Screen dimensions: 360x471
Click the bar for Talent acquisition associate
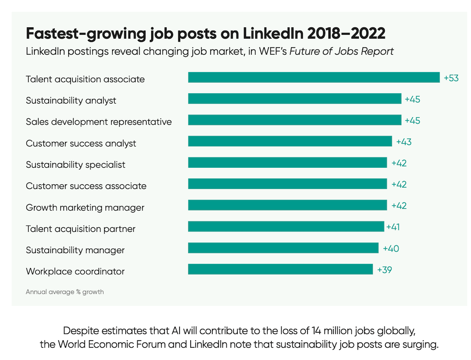(314, 78)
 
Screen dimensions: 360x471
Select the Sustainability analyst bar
(294, 99)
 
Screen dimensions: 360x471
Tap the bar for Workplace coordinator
(280, 270)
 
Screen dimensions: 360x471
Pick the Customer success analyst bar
(290, 141)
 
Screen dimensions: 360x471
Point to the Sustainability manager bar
(283, 248)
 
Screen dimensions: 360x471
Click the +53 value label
(451, 78)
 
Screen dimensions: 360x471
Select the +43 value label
(404, 142)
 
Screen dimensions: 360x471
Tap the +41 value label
(393, 227)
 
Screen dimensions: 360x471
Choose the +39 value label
(385, 270)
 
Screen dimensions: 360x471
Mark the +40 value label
(391, 248)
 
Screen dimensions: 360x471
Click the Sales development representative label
(99, 122)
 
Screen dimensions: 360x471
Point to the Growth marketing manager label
(85, 207)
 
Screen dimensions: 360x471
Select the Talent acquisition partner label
(81, 229)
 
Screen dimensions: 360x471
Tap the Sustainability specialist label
(76, 165)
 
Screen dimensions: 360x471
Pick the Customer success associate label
(86, 186)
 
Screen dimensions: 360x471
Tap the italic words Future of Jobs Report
(341, 51)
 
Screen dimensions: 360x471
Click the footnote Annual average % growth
(65, 292)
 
